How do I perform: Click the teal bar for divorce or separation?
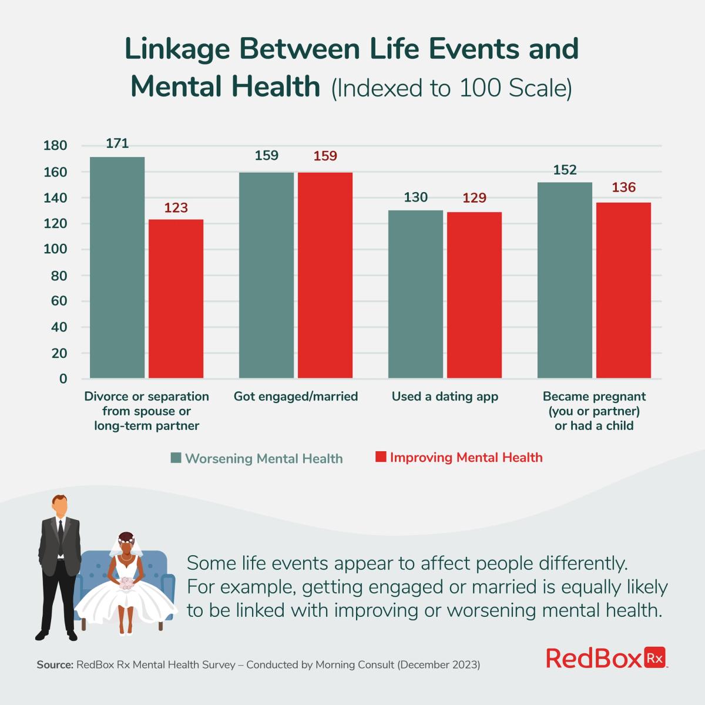tap(117, 267)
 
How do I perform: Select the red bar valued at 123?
tap(176, 298)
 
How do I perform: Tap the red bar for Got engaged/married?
tap(325, 275)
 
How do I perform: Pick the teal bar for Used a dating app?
tap(415, 294)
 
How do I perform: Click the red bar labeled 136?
tap(623, 290)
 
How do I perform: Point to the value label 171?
tap(117, 143)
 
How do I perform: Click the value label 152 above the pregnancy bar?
tap(565, 170)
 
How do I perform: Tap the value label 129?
tap(474, 198)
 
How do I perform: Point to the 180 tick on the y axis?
tap(55, 146)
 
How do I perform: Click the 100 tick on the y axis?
tap(55, 250)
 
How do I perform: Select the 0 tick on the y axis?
tap(62, 379)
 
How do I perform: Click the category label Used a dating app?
tap(445, 397)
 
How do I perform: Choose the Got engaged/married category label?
tap(296, 397)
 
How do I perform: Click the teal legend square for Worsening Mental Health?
tap(176, 458)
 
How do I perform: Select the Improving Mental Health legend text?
tap(466, 458)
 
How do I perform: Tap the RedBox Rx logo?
tap(607, 658)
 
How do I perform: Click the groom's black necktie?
tap(60, 529)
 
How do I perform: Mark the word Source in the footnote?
tap(55, 665)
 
